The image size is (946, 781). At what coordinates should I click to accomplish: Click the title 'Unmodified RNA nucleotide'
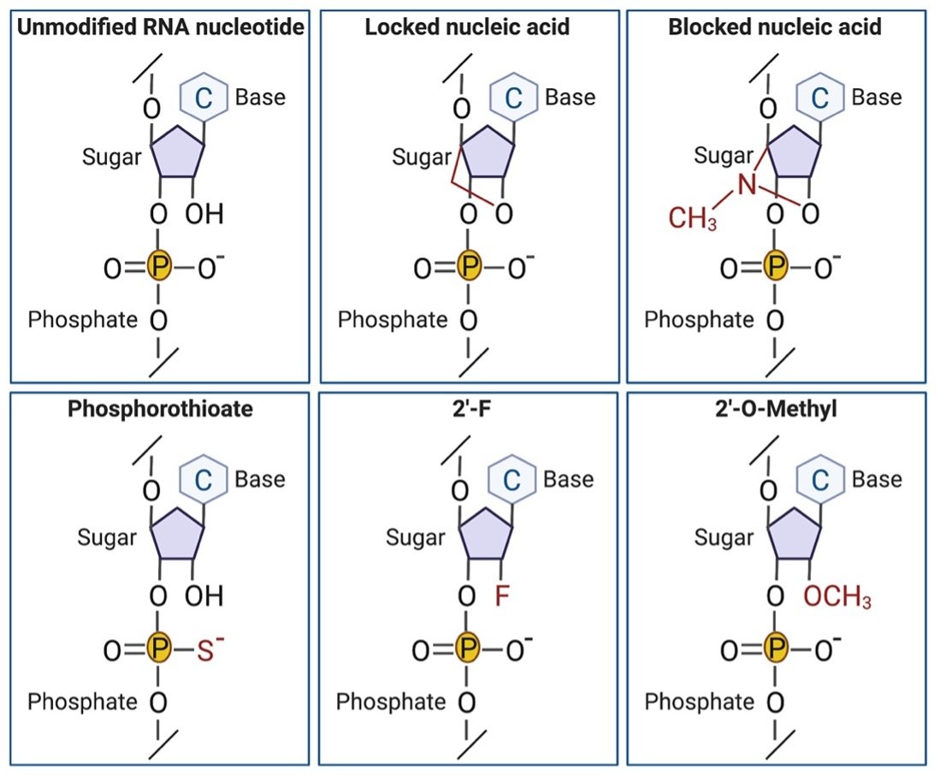click(x=161, y=27)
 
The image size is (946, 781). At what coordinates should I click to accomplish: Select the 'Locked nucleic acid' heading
click(x=467, y=27)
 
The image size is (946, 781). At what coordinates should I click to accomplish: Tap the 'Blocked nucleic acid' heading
click(x=775, y=27)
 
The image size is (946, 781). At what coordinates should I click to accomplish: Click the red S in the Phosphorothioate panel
click(x=204, y=650)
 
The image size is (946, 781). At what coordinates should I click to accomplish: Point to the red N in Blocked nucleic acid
click(x=747, y=186)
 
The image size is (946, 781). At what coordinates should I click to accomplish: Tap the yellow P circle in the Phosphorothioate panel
click(x=157, y=650)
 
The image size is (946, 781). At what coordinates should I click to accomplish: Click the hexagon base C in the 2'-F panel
click(x=510, y=479)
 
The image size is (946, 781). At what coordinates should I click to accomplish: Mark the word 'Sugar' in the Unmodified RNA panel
click(x=111, y=157)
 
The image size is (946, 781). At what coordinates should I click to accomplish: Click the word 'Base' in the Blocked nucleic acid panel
click(x=877, y=97)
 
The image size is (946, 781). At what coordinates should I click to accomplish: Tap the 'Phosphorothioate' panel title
click(x=161, y=409)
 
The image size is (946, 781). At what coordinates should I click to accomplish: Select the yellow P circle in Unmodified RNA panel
click(x=157, y=269)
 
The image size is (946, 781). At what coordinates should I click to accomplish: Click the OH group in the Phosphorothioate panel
click(x=204, y=595)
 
